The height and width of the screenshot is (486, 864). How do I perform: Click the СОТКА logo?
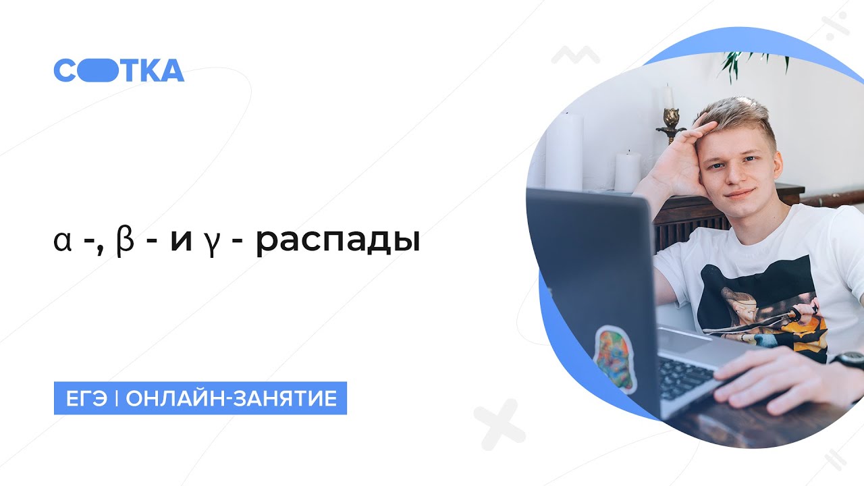point(119,70)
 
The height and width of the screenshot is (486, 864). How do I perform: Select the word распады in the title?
point(337,242)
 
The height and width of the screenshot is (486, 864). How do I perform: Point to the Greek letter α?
point(62,242)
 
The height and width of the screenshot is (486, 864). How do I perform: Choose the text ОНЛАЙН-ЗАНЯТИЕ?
point(231,398)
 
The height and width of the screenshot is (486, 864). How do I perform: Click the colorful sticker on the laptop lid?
point(614,357)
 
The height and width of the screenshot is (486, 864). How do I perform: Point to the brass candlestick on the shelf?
point(670,122)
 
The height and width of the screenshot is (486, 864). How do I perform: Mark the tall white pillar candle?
point(564,152)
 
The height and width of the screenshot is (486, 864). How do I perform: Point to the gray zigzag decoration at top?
point(575,55)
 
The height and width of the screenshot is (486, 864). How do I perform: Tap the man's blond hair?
point(739,115)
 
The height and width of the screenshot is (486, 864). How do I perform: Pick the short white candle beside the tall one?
point(627,171)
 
